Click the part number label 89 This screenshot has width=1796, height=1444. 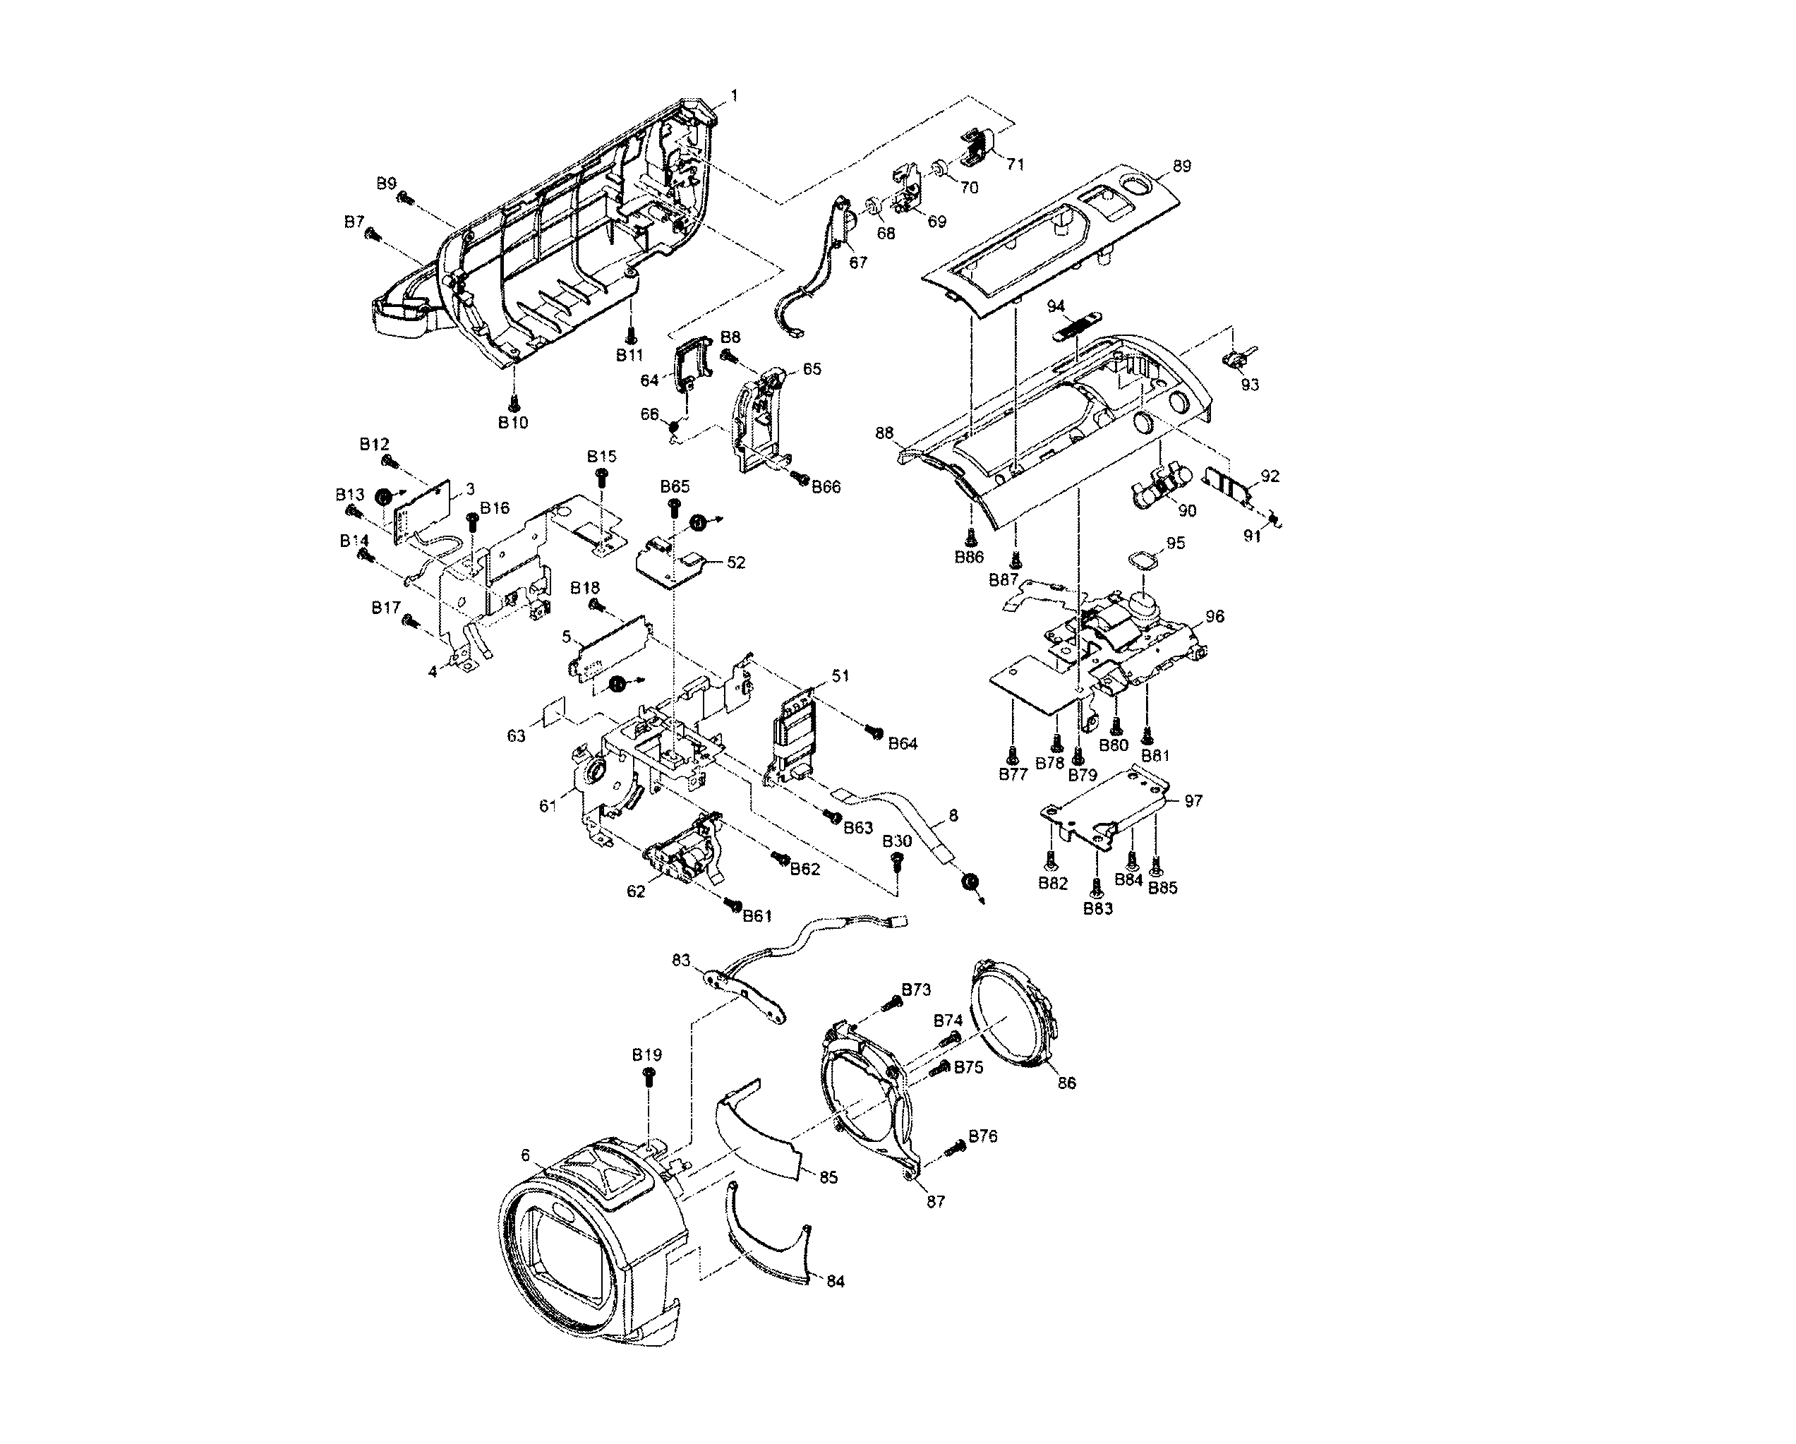(x=1181, y=166)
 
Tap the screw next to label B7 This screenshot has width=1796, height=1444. (x=373, y=236)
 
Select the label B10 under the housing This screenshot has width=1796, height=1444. (x=513, y=423)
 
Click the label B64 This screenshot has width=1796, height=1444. (x=902, y=744)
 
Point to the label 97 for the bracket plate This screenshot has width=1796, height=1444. (x=1194, y=801)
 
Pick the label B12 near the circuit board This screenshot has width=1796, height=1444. (x=375, y=444)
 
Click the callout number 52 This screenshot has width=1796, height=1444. (x=736, y=562)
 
